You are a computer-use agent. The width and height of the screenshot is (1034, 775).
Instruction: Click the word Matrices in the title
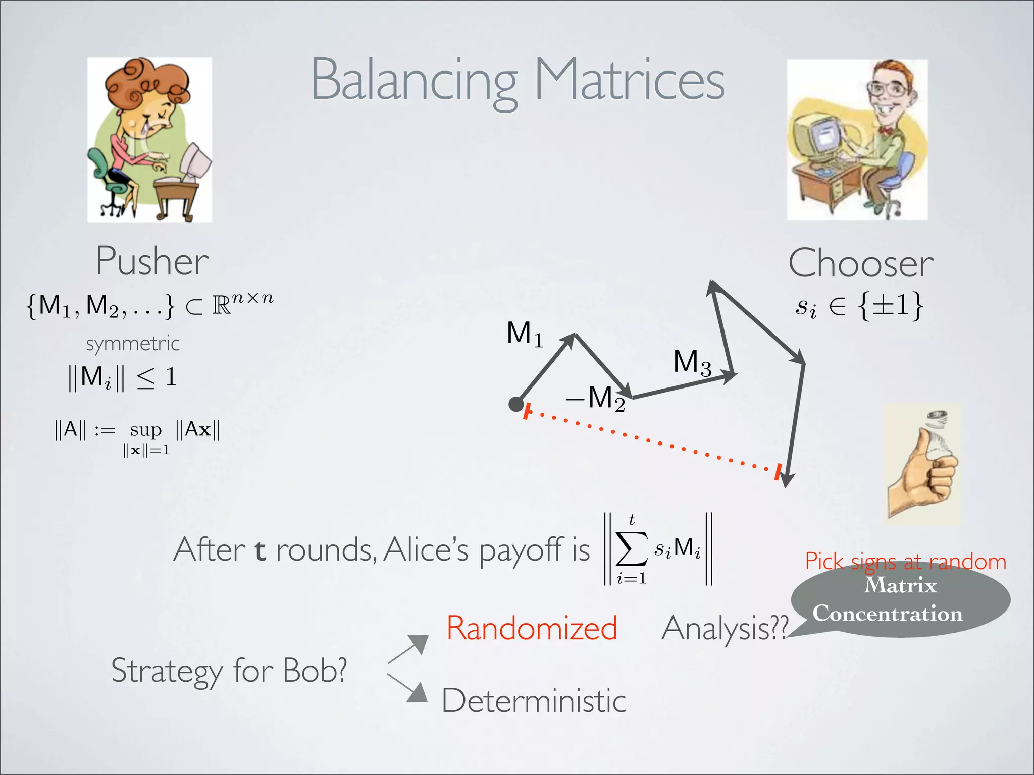click(x=629, y=81)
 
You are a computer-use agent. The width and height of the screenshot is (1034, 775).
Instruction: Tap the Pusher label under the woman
click(x=152, y=262)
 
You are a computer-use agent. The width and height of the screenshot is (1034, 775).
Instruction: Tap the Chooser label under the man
click(x=861, y=264)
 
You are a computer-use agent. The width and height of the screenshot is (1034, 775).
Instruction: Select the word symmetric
click(x=133, y=344)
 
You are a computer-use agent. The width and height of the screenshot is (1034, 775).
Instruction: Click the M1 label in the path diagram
click(x=525, y=335)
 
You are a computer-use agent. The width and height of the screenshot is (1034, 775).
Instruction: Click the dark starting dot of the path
click(x=515, y=404)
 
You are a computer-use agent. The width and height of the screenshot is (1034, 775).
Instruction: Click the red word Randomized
click(x=532, y=629)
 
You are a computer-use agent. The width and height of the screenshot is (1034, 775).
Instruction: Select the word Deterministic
click(x=534, y=701)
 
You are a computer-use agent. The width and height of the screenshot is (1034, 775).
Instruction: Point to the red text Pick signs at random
click(x=905, y=562)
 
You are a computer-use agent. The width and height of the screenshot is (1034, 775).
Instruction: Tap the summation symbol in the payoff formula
click(x=631, y=549)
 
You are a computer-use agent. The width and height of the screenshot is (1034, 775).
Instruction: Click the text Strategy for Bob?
click(x=229, y=671)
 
